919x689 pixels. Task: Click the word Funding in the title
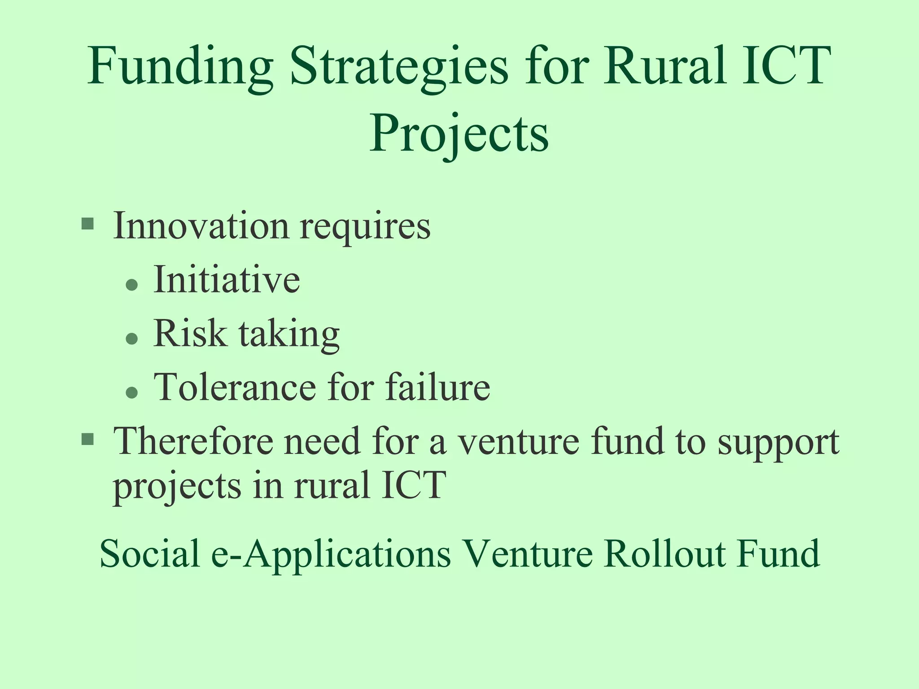pyautogui.click(x=180, y=67)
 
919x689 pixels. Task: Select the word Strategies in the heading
pyautogui.click(x=399, y=67)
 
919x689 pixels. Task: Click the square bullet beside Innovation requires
pyautogui.click(x=88, y=223)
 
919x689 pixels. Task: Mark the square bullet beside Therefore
pyautogui.click(x=88, y=440)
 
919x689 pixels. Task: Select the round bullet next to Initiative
pyautogui.click(x=131, y=285)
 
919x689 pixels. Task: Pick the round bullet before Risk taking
pyautogui.click(x=131, y=339)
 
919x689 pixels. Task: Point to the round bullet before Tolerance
pyautogui.click(x=131, y=392)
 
